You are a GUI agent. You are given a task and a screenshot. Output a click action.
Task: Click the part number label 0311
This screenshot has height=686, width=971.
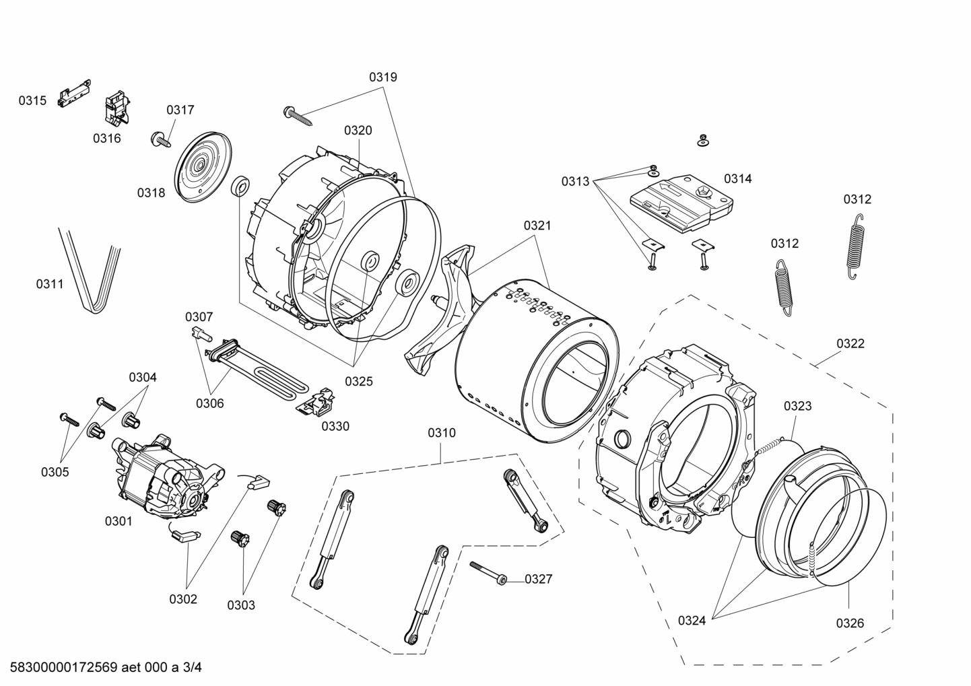click(x=50, y=284)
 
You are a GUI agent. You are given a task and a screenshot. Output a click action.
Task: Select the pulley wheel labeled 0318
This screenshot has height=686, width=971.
click(x=203, y=166)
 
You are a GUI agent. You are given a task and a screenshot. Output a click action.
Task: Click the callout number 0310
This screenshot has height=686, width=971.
click(x=442, y=433)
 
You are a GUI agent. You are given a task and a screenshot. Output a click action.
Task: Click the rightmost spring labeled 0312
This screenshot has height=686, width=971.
click(x=855, y=246)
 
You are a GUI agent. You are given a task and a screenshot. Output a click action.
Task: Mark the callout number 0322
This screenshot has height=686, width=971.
click(x=850, y=343)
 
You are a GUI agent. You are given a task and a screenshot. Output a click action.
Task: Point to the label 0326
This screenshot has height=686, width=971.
click(x=850, y=623)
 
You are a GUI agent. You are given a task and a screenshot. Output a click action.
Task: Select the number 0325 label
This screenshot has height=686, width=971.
click(x=359, y=382)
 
